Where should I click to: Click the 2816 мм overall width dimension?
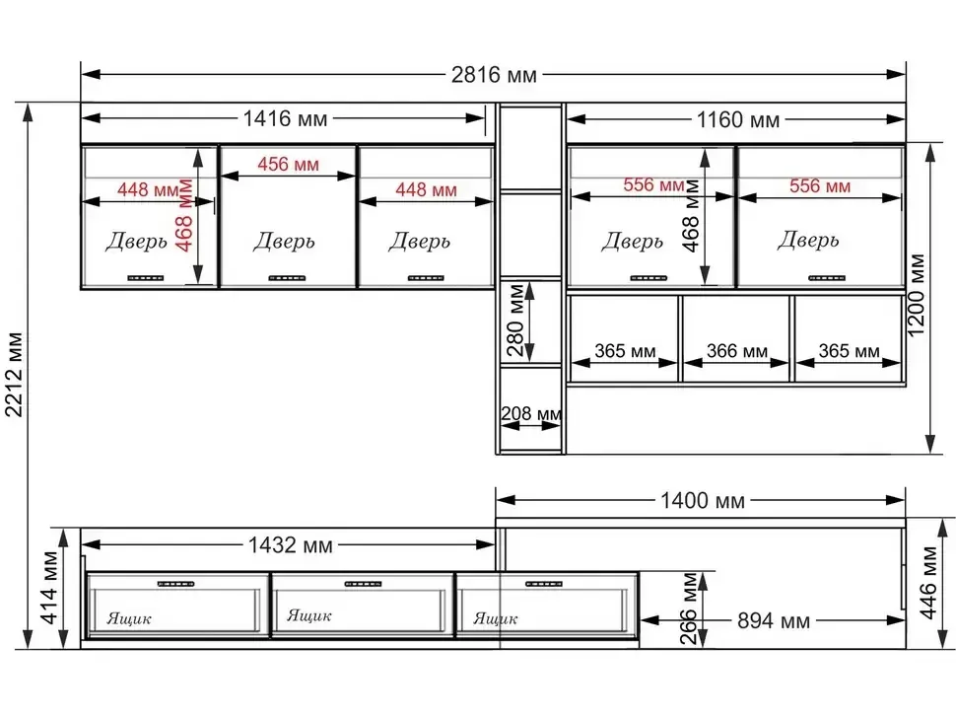[x=494, y=75]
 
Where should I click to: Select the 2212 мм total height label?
[x=14, y=375]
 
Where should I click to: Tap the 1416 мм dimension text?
[x=285, y=118]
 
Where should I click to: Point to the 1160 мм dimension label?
[x=738, y=119]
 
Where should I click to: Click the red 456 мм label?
[x=288, y=164]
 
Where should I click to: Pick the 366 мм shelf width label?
[x=736, y=351]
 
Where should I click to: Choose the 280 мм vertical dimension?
[x=515, y=321]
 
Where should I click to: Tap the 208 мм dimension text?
[x=531, y=413]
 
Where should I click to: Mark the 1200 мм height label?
[x=917, y=295]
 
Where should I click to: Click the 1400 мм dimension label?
[x=703, y=501]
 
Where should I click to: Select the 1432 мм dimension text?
[x=290, y=544]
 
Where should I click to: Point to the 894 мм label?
[x=774, y=621]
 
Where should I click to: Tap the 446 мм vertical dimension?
[x=927, y=583]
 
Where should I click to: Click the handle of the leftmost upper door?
[x=146, y=278]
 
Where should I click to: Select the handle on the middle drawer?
[x=363, y=584]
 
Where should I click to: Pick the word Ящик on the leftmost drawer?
[x=129, y=619]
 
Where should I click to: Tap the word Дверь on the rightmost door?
[x=808, y=240]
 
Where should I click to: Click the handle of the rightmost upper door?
[x=827, y=278]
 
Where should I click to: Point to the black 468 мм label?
[x=691, y=215]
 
